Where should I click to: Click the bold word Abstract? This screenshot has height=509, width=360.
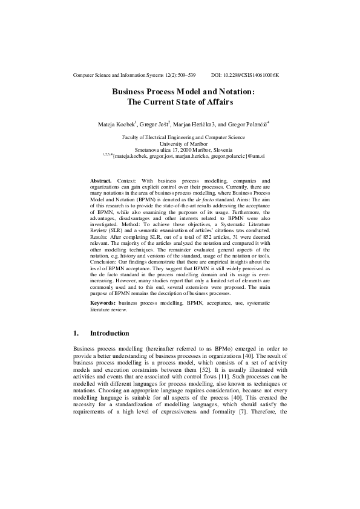tap(100, 181)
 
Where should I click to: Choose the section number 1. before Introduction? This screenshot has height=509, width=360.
tap(76, 333)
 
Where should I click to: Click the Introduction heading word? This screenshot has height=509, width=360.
tap(109, 333)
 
